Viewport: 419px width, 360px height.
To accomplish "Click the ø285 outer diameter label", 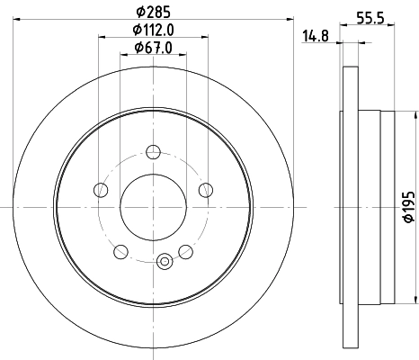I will click(153, 13).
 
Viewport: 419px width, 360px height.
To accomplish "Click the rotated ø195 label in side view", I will click(406, 208).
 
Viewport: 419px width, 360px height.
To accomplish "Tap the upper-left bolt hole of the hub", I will click(101, 189).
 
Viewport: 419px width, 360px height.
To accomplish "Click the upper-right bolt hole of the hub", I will click(206, 189).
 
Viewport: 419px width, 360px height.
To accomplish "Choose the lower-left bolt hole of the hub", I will click(120, 251).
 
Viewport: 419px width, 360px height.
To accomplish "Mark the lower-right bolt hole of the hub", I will click(185, 251).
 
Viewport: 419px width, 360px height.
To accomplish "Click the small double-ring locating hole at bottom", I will click(164, 262).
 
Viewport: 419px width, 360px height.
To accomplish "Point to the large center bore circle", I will click(153, 207).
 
